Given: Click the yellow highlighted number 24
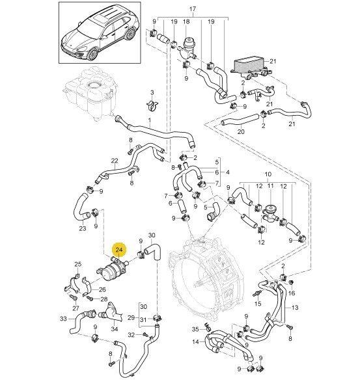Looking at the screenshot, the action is click(119, 250).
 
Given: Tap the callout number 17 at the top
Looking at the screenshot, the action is click(193, 9).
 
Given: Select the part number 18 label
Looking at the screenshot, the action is click(186, 21).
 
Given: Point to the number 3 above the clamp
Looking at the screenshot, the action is click(152, 92).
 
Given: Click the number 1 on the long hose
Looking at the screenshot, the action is click(149, 120).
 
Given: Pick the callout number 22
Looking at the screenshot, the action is click(115, 161).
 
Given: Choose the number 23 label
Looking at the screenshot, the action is click(83, 228).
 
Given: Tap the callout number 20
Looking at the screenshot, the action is click(241, 131).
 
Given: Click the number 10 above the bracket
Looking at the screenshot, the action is click(268, 174).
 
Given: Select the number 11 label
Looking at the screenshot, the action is click(270, 186).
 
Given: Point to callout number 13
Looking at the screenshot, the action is click(295, 308).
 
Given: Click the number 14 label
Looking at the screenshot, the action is click(195, 341).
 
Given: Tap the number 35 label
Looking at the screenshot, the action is click(195, 329).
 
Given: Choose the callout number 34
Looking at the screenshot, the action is click(115, 329).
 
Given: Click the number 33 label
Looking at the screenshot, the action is click(63, 319).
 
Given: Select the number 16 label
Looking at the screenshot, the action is click(292, 293).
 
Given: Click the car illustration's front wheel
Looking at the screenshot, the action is click(94, 54).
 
